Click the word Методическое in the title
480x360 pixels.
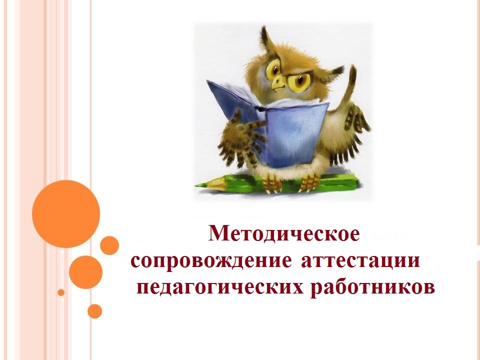[x=284, y=233]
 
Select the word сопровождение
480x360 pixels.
[x=211, y=261]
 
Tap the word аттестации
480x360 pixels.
[x=360, y=261]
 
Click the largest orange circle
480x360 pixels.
[x=66, y=214]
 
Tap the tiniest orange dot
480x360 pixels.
[x=61, y=292]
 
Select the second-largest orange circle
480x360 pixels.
[x=85, y=272]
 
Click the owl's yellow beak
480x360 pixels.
[x=279, y=81]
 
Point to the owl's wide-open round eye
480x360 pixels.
[x=273, y=68]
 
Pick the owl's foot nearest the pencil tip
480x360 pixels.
[x=272, y=183]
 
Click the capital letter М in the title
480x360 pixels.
[x=218, y=233]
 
